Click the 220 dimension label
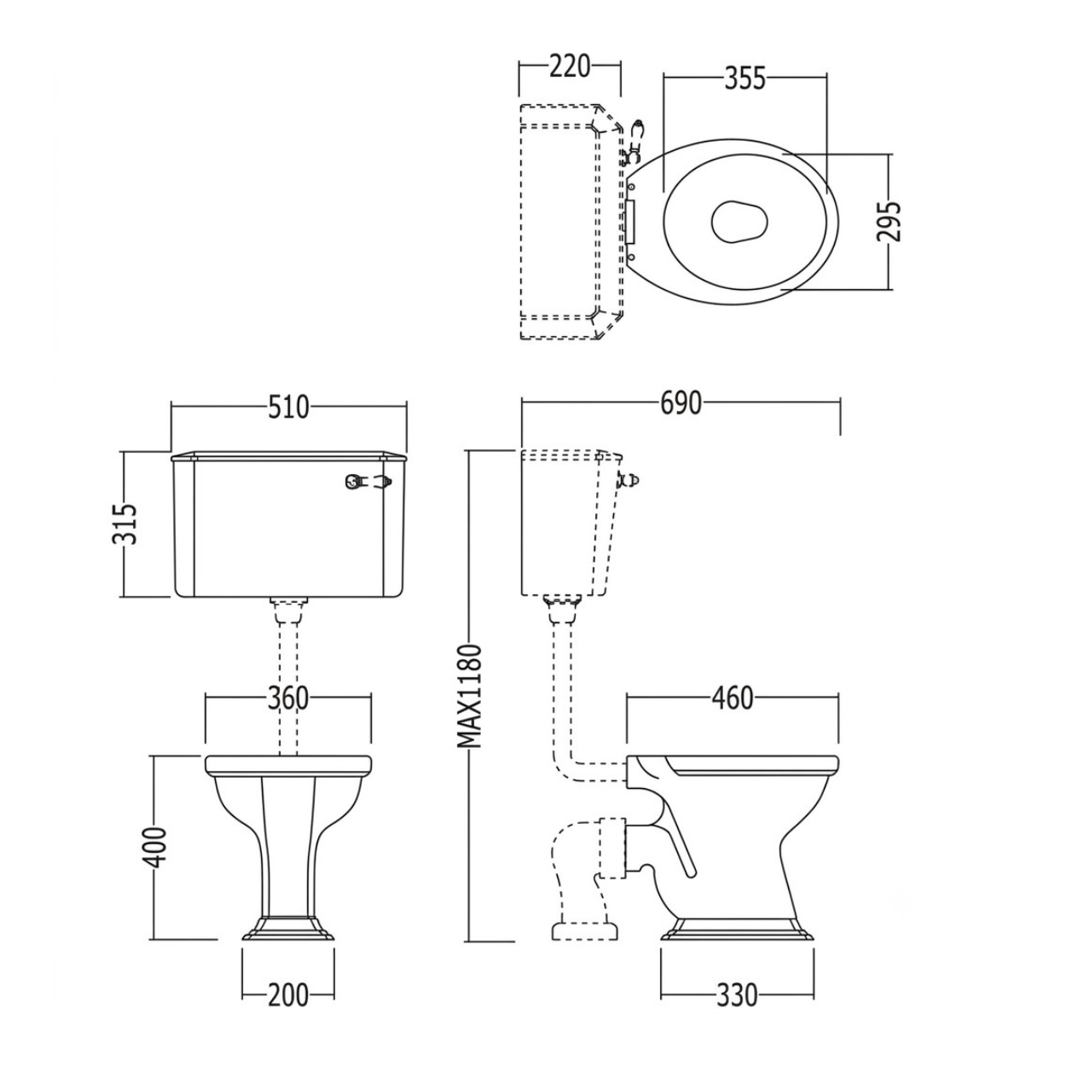[x=570, y=67]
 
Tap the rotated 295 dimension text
[x=889, y=221]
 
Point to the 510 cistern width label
[x=288, y=408]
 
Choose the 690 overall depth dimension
[x=681, y=403]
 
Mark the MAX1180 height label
[x=472, y=696]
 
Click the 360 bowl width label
[x=288, y=698]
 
